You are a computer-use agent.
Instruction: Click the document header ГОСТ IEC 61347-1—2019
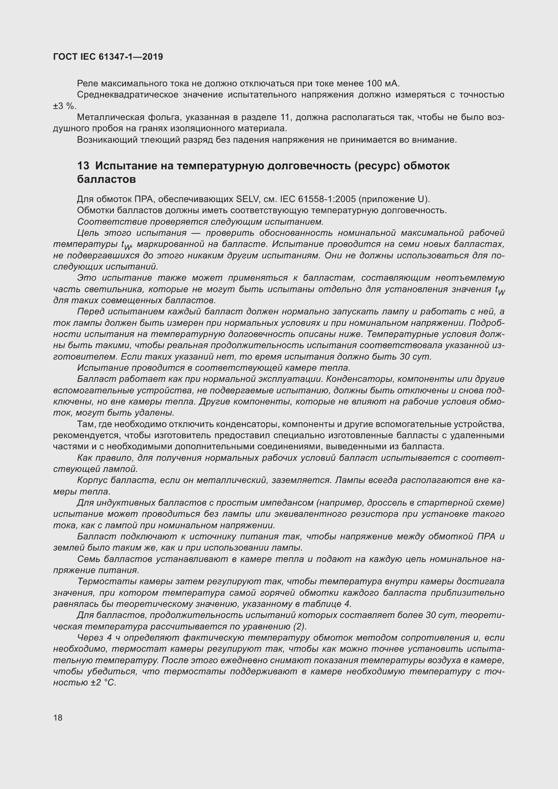[108, 57]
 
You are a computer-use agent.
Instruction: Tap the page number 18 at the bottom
[58, 717]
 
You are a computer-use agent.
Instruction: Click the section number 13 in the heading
[83, 166]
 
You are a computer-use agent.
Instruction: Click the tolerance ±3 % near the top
[64, 106]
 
